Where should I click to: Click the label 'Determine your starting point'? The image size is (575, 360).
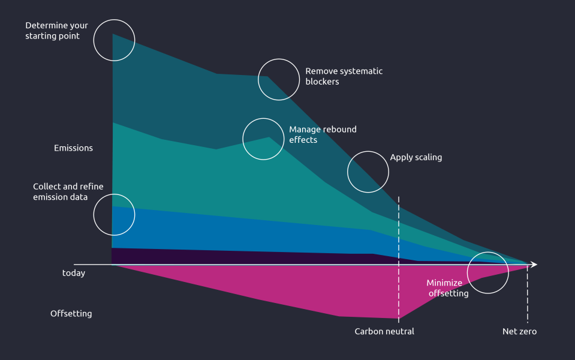[x=56, y=31]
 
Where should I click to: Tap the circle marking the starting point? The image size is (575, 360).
[x=115, y=40]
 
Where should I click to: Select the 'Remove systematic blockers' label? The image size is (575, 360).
[x=344, y=76]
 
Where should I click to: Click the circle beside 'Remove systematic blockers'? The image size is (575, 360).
[x=278, y=79]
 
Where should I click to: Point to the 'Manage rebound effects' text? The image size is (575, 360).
[x=323, y=134]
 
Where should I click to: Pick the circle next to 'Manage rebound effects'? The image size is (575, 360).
[x=263, y=139]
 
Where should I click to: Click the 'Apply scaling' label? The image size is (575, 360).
[x=416, y=158]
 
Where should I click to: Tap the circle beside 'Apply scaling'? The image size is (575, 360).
[x=368, y=172]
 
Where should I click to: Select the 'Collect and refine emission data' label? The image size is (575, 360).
[x=68, y=192]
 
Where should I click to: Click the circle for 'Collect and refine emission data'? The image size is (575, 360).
[x=114, y=214]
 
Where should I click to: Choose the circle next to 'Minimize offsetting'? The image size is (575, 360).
[x=487, y=273]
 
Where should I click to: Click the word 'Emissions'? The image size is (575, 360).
[x=73, y=148]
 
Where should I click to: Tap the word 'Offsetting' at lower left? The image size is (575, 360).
[x=71, y=314]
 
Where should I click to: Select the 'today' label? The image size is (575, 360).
[x=74, y=274]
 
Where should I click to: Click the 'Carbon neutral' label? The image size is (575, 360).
[x=384, y=332]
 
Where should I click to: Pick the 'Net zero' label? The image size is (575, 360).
[x=519, y=332]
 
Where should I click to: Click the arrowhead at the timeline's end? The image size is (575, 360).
[x=534, y=265]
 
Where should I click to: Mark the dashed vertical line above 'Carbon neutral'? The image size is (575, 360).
[x=399, y=228]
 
